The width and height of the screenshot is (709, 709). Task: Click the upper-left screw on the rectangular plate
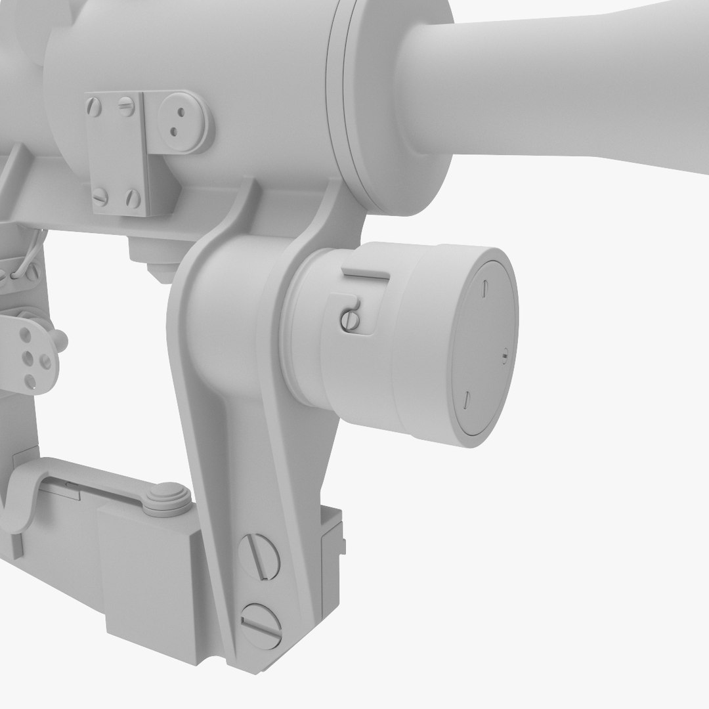(x=95, y=106)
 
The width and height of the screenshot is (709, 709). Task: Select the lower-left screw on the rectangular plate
(x=100, y=197)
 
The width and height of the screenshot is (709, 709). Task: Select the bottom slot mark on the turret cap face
(x=466, y=399)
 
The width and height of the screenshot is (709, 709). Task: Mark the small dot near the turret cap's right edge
(x=504, y=356)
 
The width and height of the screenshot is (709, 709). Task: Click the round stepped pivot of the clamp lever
(x=167, y=498)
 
